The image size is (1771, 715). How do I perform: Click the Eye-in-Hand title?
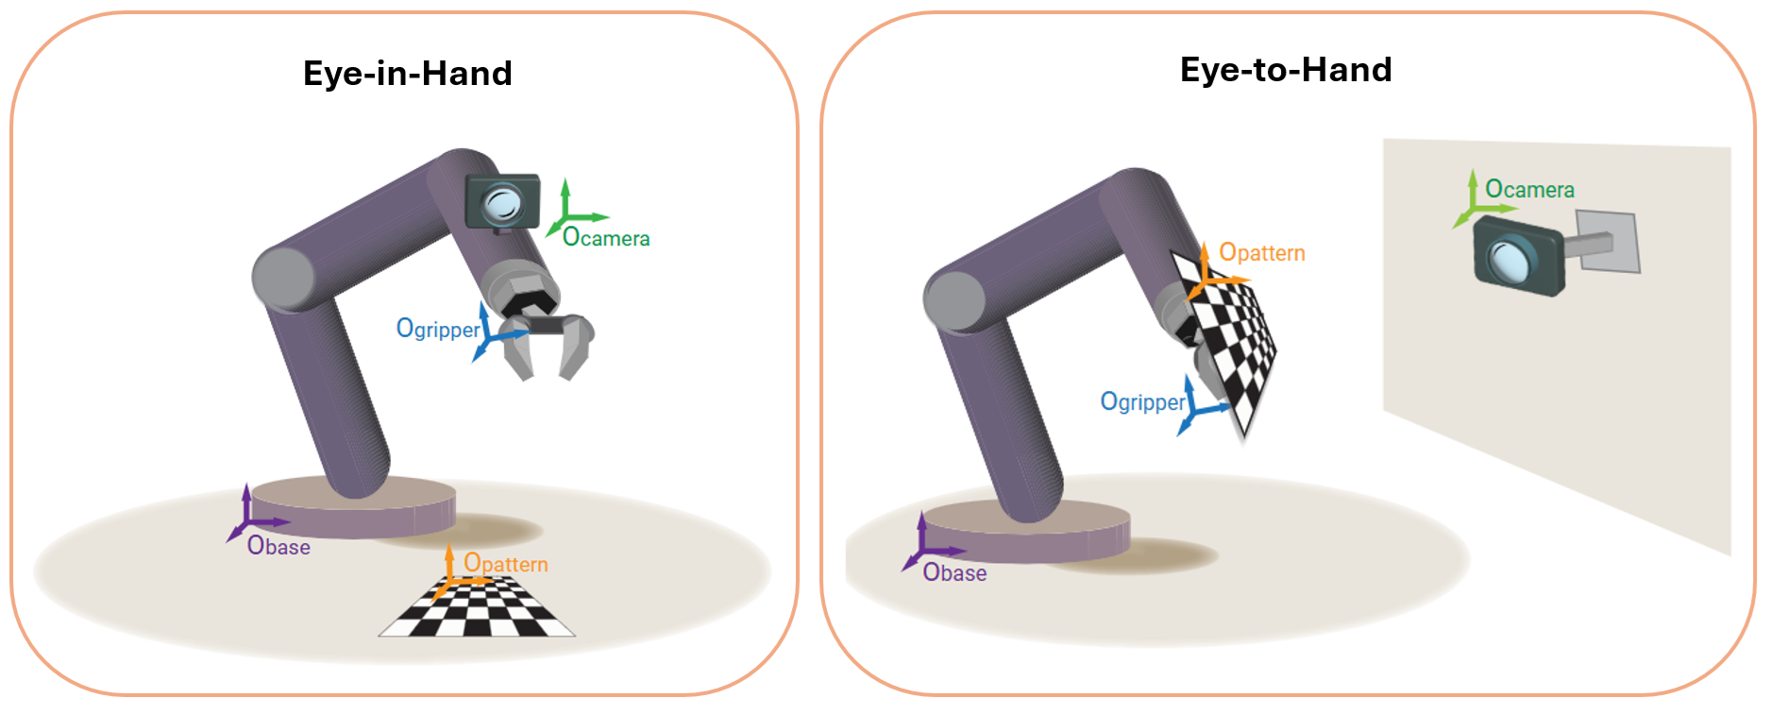tap(407, 74)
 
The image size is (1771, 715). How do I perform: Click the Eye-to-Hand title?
tap(1286, 70)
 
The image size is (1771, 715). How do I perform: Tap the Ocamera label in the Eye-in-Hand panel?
tap(606, 237)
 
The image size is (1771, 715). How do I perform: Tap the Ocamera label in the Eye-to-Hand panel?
tap(1529, 190)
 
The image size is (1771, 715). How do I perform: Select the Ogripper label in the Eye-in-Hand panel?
tap(438, 329)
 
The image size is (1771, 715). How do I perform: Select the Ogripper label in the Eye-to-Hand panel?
tap(1142, 401)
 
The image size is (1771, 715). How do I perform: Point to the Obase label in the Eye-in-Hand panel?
tap(278, 546)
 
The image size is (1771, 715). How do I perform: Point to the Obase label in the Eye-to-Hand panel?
tap(954, 572)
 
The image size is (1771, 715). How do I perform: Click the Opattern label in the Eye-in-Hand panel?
tap(506, 564)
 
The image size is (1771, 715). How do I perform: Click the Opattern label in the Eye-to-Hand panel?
tap(1262, 252)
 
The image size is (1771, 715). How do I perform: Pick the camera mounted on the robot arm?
tap(502, 201)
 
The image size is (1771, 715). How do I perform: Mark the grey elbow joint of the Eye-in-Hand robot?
tap(283, 278)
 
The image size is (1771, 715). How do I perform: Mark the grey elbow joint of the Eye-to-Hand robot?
tap(954, 301)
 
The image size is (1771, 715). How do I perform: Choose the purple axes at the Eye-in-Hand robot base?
tap(249, 519)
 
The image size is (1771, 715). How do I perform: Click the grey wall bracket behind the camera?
tap(1608, 242)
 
